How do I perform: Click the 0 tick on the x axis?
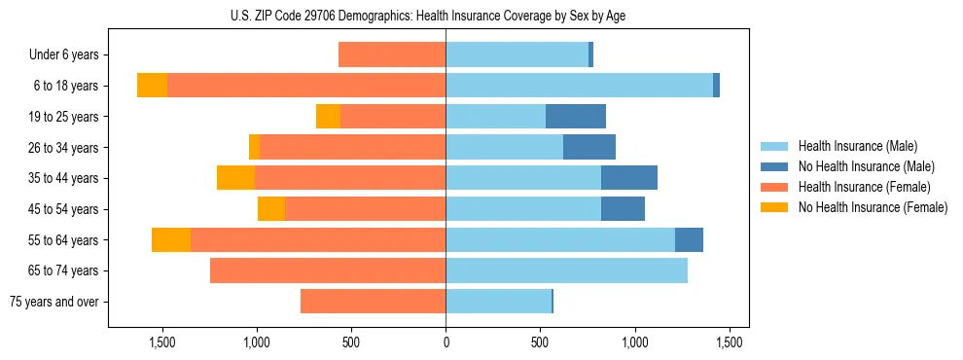click(446, 342)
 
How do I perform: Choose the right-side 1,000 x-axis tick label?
click(635, 342)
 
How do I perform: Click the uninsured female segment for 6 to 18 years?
click(152, 86)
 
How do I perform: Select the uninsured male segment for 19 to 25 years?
click(576, 117)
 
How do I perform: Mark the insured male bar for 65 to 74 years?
click(566, 270)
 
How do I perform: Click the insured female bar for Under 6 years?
click(392, 55)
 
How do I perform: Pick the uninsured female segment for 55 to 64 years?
click(171, 240)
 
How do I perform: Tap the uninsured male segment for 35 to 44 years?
click(629, 178)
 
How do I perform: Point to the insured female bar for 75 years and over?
click(374, 302)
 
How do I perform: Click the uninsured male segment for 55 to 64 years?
click(689, 240)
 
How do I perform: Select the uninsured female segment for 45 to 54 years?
click(271, 209)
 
